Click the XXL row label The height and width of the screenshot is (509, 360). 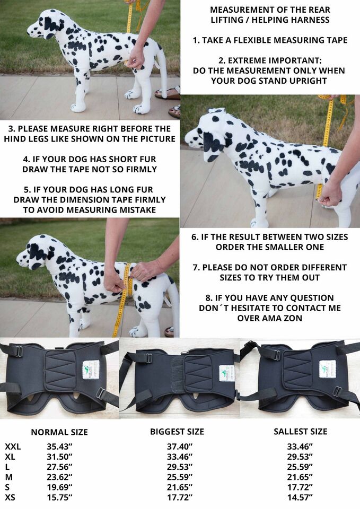click(x=13, y=446)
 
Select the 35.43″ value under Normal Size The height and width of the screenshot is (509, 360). click(x=59, y=446)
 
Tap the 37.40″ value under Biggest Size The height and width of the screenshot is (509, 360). click(x=180, y=446)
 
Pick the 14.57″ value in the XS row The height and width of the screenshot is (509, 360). click(x=300, y=497)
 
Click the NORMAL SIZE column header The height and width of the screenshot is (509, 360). click(x=59, y=433)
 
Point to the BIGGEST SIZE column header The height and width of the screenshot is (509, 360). click(x=177, y=432)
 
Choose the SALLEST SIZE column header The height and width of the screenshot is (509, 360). click(x=300, y=432)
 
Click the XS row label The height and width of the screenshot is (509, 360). click(x=10, y=497)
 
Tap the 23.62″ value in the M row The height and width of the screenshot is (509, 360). click(x=59, y=477)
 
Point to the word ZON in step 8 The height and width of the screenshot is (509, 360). click(x=293, y=318)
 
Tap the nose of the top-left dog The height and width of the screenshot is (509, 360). click(x=29, y=31)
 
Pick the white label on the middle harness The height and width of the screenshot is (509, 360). click(x=226, y=373)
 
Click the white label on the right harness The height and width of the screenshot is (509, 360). click(x=327, y=369)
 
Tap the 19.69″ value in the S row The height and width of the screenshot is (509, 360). click(x=59, y=487)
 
